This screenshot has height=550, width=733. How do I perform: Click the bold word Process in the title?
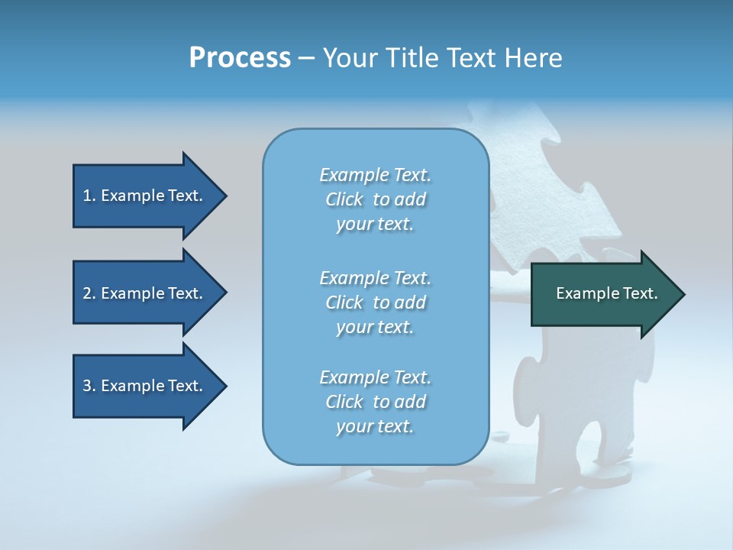click(x=240, y=58)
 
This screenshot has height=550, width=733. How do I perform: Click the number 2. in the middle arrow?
click(x=89, y=293)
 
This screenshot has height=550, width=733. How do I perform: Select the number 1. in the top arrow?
click(x=89, y=196)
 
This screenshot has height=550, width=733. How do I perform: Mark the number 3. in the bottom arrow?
click(x=89, y=386)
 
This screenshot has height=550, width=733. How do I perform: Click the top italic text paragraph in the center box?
click(x=375, y=199)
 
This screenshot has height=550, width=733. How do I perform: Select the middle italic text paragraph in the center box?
click(x=375, y=302)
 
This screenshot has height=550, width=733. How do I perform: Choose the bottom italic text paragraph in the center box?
click(x=375, y=402)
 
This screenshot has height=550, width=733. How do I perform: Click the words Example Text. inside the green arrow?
click(x=607, y=293)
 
